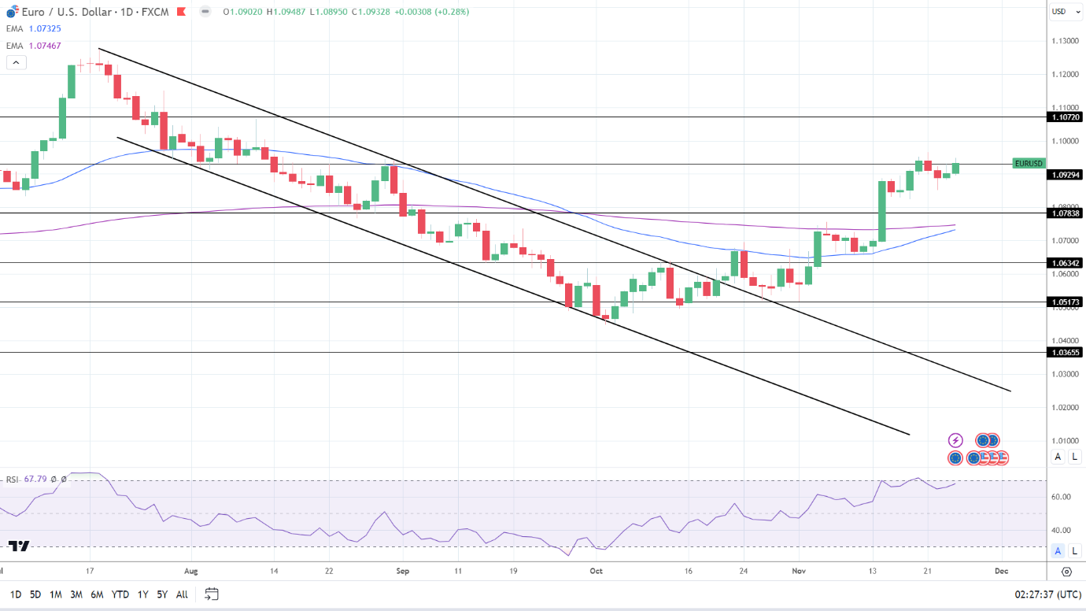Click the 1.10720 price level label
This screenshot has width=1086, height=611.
(x=1065, y=117)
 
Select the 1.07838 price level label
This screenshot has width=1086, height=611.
(x=1065, y=213)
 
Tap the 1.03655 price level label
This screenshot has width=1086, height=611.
(x=1065, y=352)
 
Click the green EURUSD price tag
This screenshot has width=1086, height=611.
(x=1029, y=163)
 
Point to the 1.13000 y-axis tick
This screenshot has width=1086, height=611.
(x=1065, y=41)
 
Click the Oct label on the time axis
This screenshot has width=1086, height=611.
(x=596, y=571)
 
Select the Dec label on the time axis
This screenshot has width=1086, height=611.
(x=1001, y=571)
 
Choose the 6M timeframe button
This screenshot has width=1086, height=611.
(x=97, y=594)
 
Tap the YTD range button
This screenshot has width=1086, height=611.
(x=120, y=594)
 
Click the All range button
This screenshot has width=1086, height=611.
(x=182, y=594)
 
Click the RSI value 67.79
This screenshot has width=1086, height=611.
(x=35, y=479)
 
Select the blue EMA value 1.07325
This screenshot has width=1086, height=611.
(x=45, y=28)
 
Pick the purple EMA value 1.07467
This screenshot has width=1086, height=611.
(x=45, y=46)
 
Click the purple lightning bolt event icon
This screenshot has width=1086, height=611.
(x=955, y=440)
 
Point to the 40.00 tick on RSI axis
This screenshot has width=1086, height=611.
(x=1061, y=530)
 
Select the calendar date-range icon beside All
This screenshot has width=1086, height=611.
(x=211, y=594)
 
